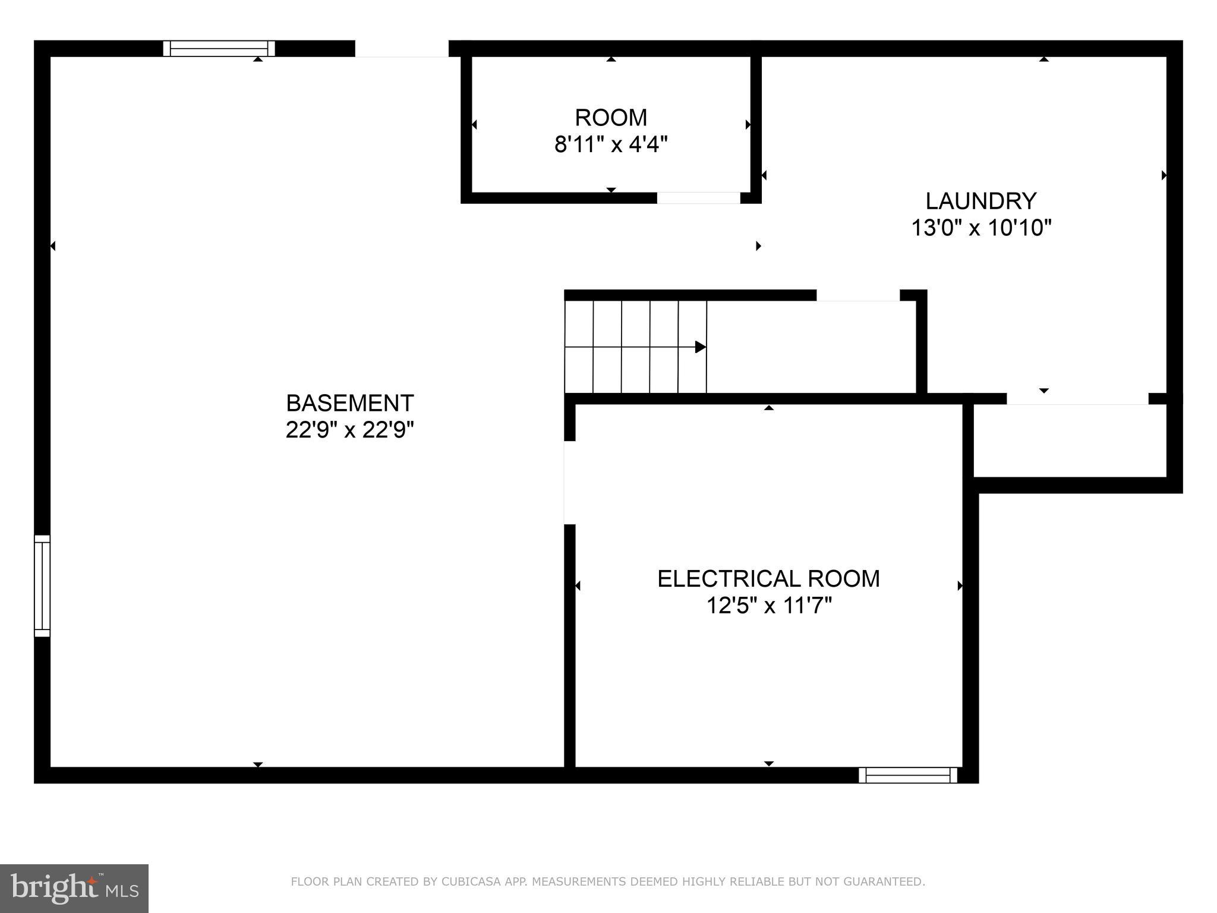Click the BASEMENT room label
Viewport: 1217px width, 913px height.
(x=349, y=403)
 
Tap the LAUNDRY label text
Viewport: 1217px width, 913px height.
(x=981, y=201)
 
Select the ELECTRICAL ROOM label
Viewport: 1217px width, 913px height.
(x=768, y=579)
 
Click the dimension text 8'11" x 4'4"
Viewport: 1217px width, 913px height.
(x=611, y=144)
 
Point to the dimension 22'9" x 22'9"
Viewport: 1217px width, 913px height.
(x=349, y=430)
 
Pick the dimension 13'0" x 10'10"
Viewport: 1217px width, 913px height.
(x=981, y=228)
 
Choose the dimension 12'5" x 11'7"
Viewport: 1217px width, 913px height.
(x=768, y=606)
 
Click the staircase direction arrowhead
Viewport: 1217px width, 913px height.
(x=701, y=347)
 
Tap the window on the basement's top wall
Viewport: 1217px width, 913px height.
(x=219, y=48)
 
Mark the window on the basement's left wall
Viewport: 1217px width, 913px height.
(x=42, y=585)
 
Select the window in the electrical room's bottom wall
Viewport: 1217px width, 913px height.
(x=908, y=775)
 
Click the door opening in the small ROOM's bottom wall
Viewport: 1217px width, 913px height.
(x=698, y=198)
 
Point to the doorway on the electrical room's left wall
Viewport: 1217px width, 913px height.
(x=569, y=483)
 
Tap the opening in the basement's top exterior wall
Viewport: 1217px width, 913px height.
(x=402, y=49)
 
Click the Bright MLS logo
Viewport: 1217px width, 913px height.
(x=74, y=888)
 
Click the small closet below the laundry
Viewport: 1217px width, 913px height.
(x=1070, y=440)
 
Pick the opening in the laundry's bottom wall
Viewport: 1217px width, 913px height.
(x=1077, y=399)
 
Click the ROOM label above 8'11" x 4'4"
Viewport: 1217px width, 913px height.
(x=611, y=118)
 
